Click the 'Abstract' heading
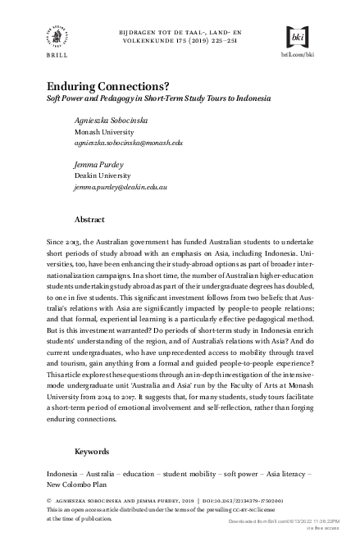[x=89, y=220]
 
